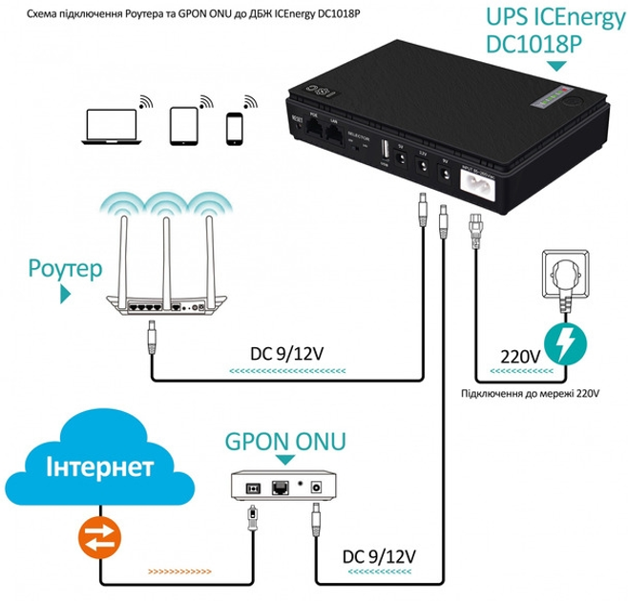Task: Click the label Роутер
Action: pos(65,269)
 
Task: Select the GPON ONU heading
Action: pos(285,442)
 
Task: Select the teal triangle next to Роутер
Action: pos(66,295)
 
